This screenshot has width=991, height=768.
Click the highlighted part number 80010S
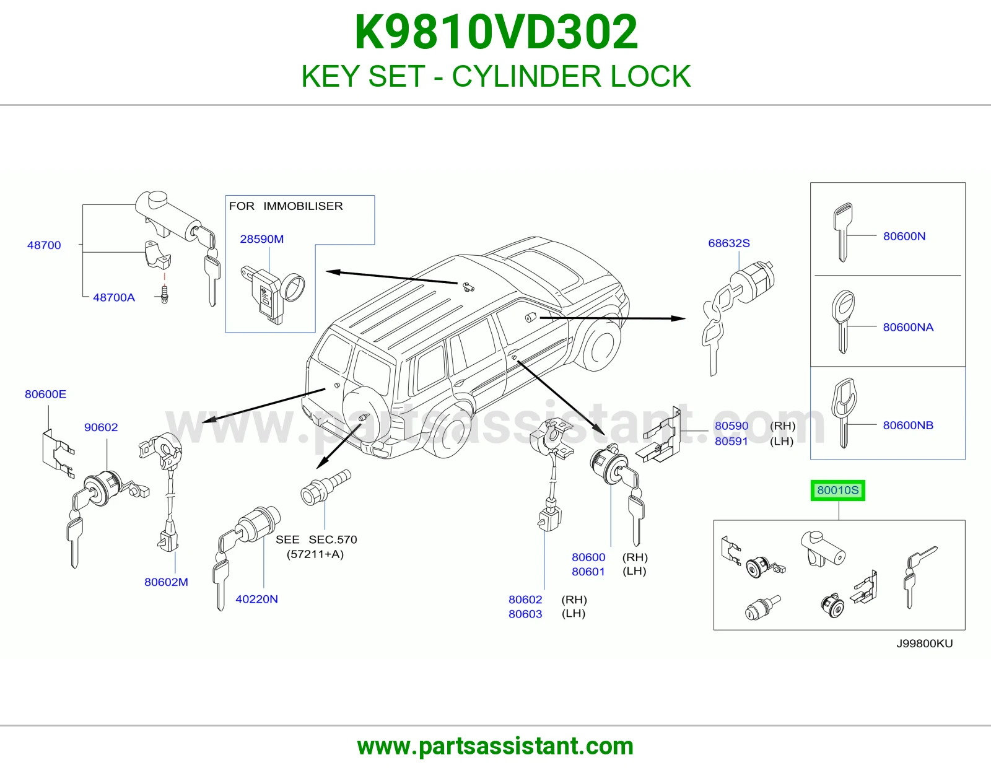[837, 491]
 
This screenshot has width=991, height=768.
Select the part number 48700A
[114, 297]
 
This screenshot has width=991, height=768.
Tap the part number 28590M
[262, 239]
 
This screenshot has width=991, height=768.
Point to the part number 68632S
[729, 243]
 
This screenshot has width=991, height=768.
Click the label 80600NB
[908, 425]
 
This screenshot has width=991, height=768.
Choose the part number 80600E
[46, 394]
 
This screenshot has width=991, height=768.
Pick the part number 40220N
[257, 599]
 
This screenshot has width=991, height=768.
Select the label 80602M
[166, 582]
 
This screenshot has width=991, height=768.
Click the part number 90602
[101, 427]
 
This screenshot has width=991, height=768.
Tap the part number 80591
[731, 441]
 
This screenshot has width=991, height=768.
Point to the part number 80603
[525, 614]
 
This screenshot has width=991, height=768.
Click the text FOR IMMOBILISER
[286, 206]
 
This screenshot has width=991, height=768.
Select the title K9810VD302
[496, 32]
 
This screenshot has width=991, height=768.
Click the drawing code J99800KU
[924, 644]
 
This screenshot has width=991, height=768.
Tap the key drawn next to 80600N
[842, 232]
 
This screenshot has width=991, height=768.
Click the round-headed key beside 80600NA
[843, 321]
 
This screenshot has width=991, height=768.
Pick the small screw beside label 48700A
[165, 294]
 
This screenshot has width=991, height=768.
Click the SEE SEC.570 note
[316, 547]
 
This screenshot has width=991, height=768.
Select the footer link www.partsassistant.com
[495, 746]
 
